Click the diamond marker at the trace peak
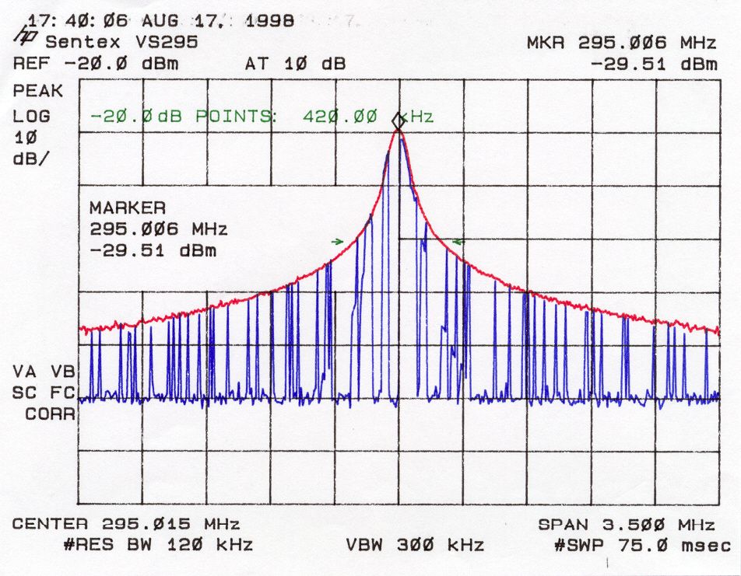(x=399, y=121)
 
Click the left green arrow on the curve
(x=337, y=242)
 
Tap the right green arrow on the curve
(x=458, y=243)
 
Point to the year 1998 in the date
(x=269, y=21)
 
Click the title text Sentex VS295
(x=121, y=43)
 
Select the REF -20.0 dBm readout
(x=96, y=63)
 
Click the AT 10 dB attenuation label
(x=295, y=63)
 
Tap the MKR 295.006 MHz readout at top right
(x=621, y=43)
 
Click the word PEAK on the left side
(x=38, y=91)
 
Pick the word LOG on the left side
(x=32, y=116)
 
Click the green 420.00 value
(x=340, y=116)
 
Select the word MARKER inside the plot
(x=128, y=208)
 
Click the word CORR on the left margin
(x=50, y=414)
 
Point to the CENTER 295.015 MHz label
(x=126, y=524)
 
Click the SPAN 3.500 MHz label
(x=627, y=525)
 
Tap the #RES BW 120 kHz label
(x=158, y=545)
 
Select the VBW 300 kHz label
(x=415, y=545)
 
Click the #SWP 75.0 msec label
(x=643, y=546)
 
